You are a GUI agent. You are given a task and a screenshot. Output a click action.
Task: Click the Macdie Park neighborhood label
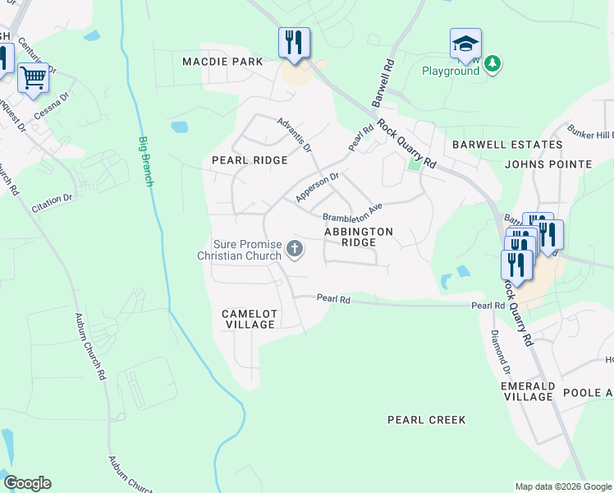[x=222, y=62]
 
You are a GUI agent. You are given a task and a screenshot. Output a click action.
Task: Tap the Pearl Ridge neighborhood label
[x=250, y=160]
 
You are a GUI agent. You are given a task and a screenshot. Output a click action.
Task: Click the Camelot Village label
[x=249, y=320]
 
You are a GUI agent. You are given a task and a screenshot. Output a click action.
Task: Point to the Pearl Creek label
[x=426, y=420]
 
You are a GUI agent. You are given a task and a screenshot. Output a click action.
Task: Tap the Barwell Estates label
[x=507, y=145]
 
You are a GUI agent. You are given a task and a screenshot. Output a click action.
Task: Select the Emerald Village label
[x=528, y=391]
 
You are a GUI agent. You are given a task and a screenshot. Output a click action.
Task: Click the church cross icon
[x=295, y=248]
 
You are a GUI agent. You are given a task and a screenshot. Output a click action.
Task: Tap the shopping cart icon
[x=33, y=77]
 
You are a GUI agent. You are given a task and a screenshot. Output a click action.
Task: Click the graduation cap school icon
[x=465, y=44]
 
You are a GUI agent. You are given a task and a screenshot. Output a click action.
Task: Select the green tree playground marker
[x=492, y=63]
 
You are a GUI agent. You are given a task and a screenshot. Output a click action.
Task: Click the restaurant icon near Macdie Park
[x=294, y=43]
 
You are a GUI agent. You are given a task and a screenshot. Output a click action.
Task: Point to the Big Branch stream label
[x=145, y=161]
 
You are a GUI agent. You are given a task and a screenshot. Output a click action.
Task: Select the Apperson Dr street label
[x=317, y=187]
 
